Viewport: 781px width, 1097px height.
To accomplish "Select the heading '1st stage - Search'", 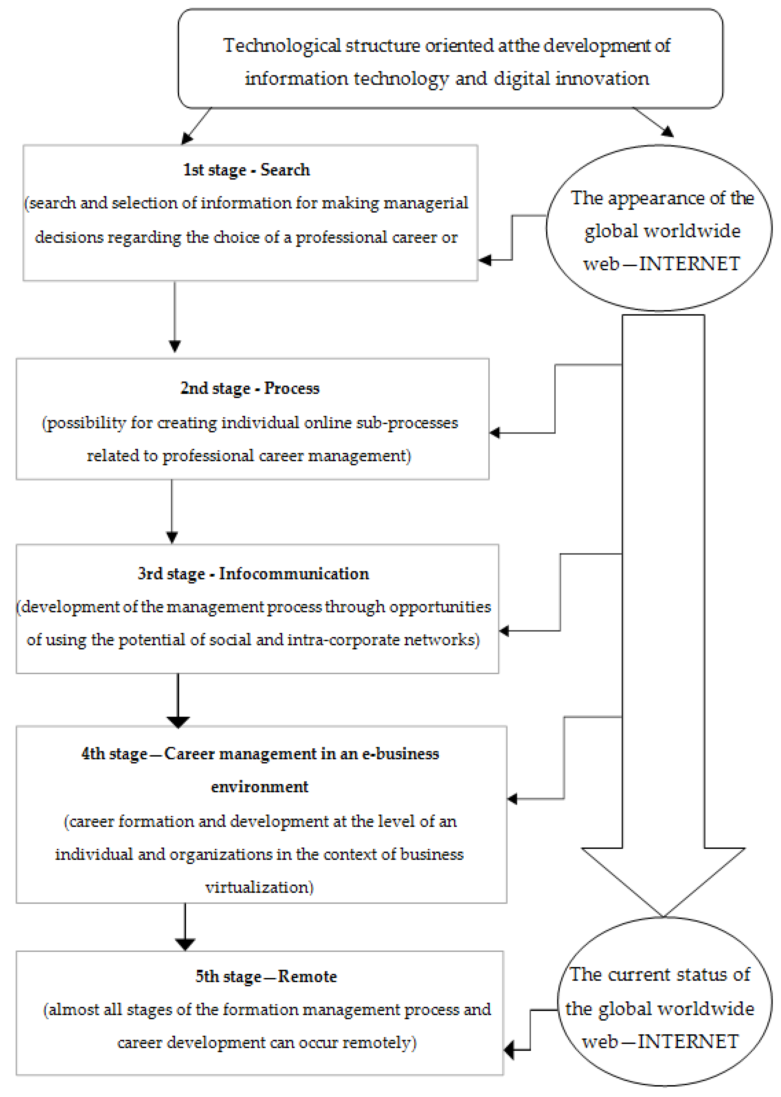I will tap(246, 170).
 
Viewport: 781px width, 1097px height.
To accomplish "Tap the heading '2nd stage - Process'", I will tap(250, 388).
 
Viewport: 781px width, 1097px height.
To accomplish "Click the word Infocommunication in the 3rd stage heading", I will tap(294, 573).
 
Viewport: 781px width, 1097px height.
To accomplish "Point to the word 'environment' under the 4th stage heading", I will tap(260, 787).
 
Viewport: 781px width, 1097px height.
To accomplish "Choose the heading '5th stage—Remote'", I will tap(266, 976).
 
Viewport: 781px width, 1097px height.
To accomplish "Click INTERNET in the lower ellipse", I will tap(688, 1041).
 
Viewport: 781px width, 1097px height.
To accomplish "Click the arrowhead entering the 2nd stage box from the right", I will tap(495, 433).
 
